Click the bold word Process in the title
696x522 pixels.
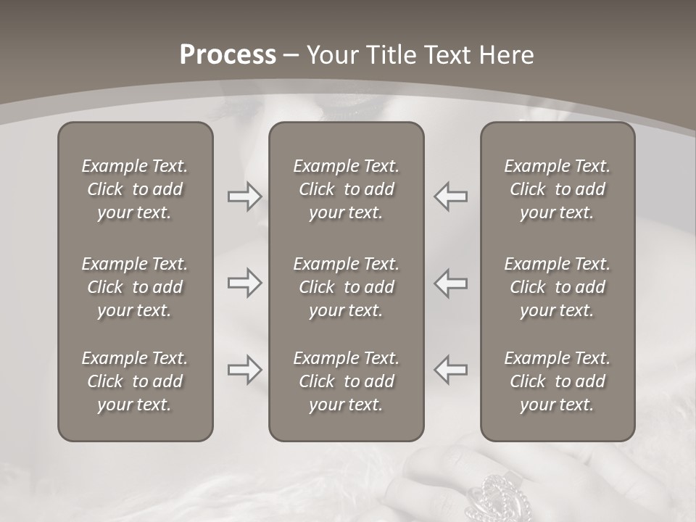pos(228,55)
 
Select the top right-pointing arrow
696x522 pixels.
pos(244,196)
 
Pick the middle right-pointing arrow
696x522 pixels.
pos(244,283)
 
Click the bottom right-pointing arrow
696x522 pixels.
pos(244,370)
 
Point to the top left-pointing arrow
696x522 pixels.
pos(450,196)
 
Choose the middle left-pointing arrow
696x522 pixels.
pos(450,283)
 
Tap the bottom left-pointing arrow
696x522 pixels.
pos(450,370)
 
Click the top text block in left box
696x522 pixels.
pos(135,189)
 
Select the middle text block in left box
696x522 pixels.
pos(135,287)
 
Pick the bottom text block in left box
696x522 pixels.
pos(135,381)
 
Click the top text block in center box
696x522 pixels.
pos(346,189)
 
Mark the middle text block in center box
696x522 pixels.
pos(346,287)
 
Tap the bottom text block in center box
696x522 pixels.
pos(346,381)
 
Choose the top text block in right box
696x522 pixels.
pos(557,189)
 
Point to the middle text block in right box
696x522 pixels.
pos(557,287)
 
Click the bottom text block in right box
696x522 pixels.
pos(557,381)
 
